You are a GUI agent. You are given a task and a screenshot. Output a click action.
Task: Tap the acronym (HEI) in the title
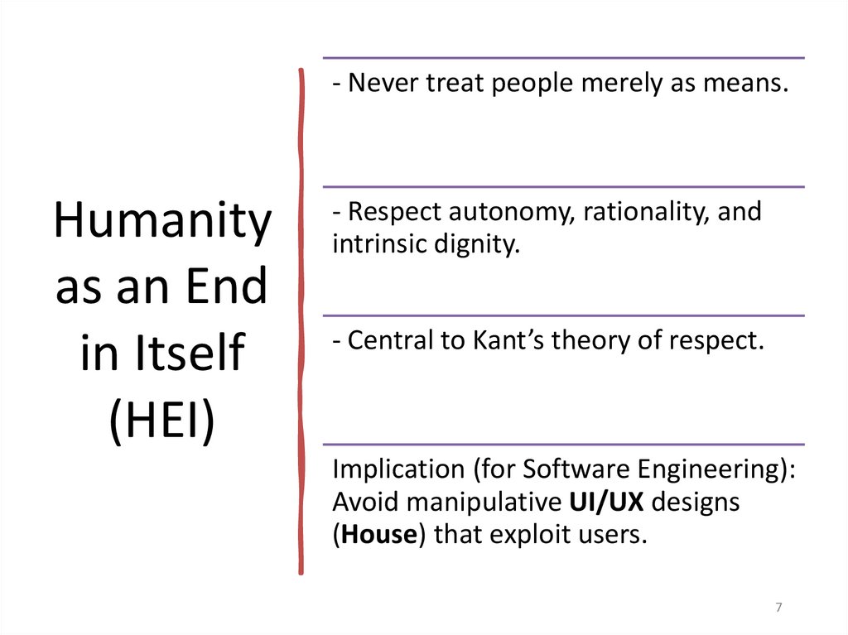(162, 421)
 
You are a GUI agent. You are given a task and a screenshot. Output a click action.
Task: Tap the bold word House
(378, 535)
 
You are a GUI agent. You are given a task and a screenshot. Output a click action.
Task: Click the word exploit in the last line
(547, 535)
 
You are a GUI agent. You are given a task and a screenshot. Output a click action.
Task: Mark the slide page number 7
(778, 609)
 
